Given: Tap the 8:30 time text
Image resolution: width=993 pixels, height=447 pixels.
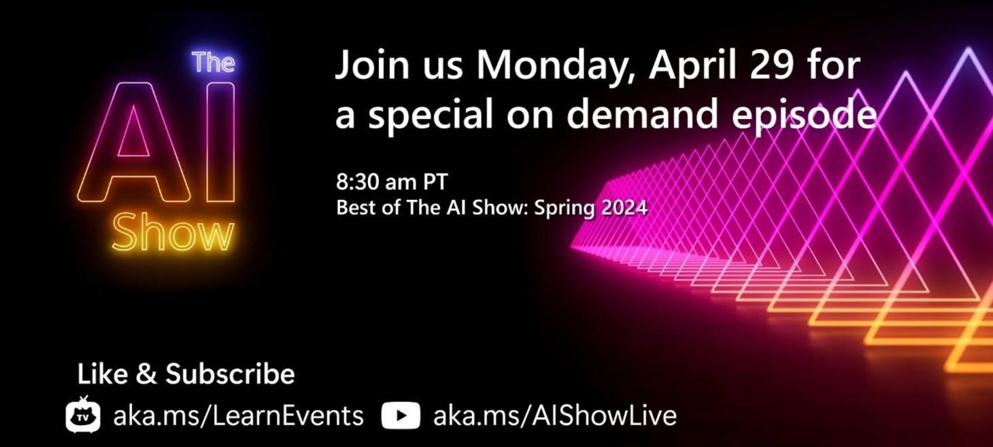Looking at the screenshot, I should (358, 183).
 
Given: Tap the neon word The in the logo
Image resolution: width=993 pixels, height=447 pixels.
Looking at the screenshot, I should (213, 63).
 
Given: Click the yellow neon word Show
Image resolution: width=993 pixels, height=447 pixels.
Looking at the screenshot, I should (173, 233).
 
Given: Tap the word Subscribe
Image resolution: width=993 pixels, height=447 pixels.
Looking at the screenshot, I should (230, 374).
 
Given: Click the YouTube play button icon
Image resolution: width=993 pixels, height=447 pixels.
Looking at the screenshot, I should (401, 416).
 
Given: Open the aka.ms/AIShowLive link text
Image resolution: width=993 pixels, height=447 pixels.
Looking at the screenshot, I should (554, 416).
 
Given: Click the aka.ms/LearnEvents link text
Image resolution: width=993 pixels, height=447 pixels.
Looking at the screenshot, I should (238, 416).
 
